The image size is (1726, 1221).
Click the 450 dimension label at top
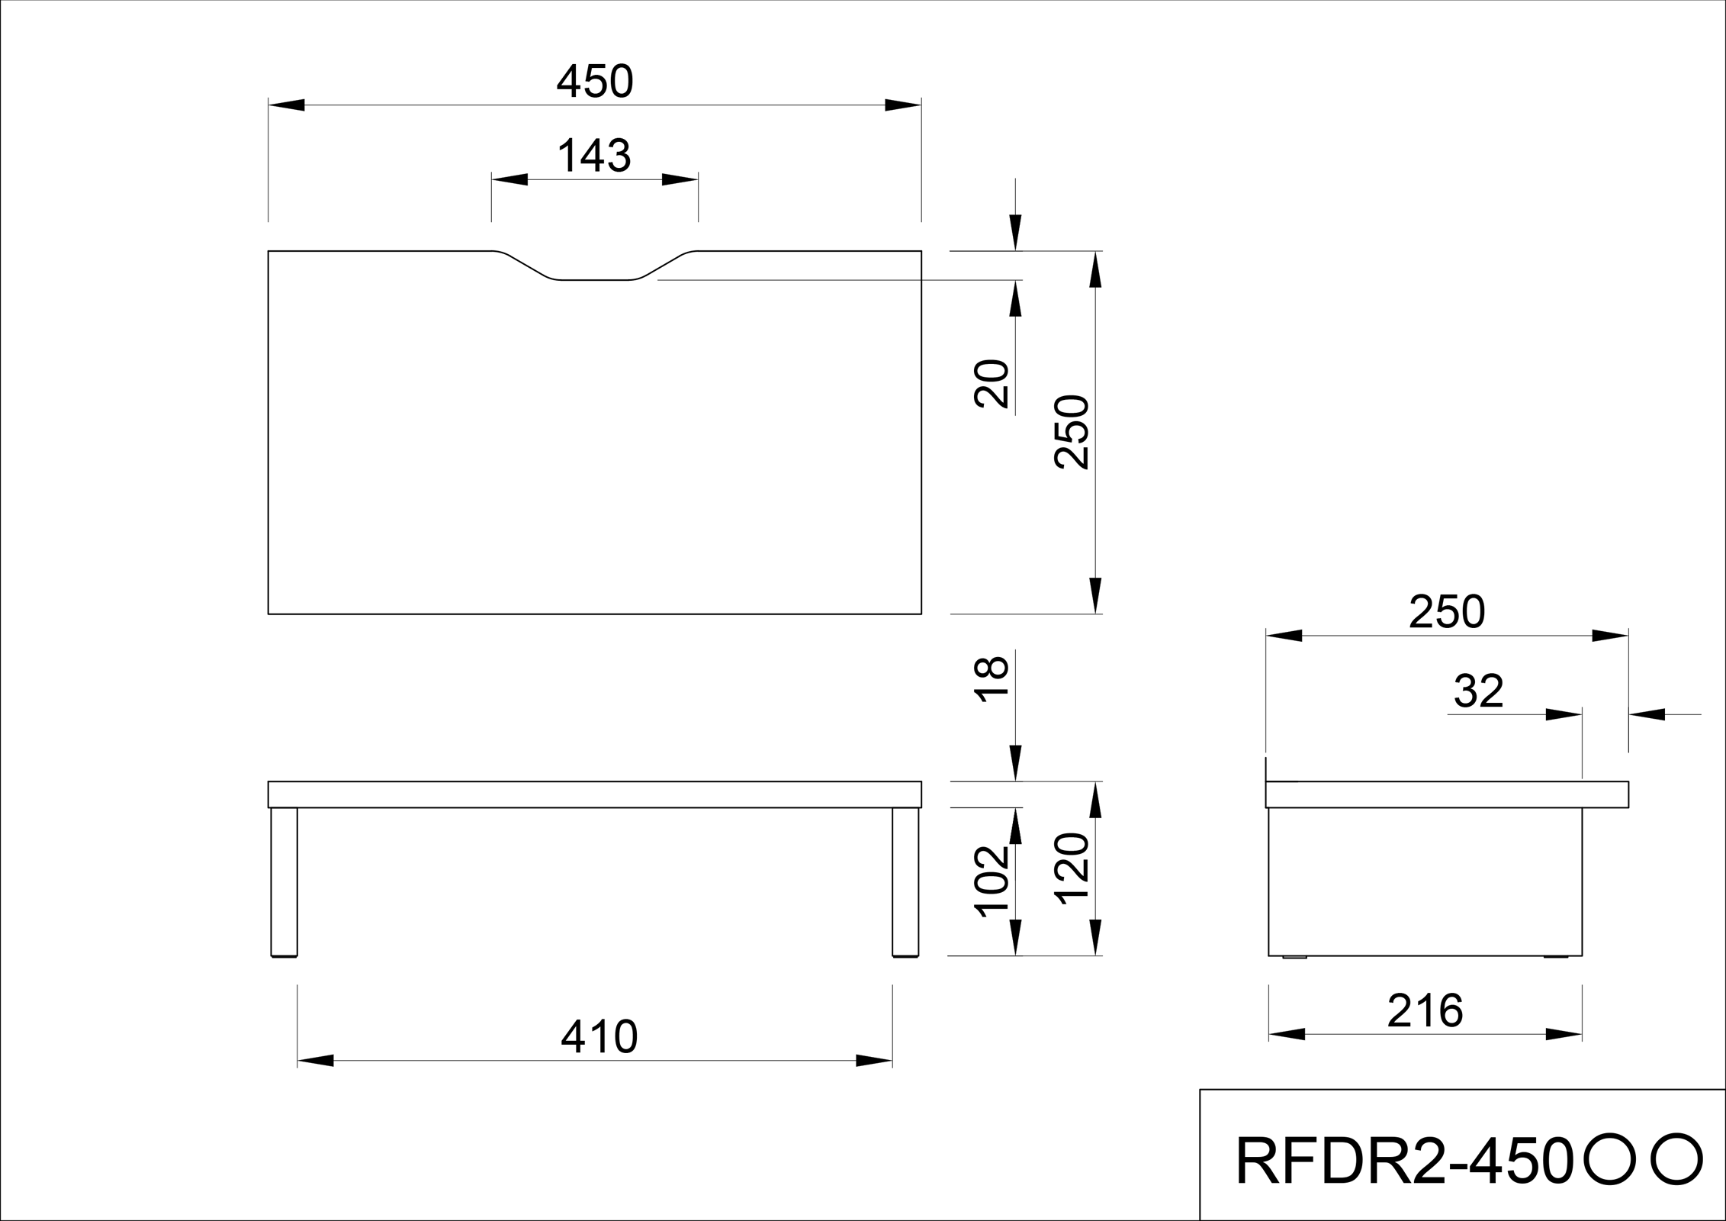(x=595, y=82)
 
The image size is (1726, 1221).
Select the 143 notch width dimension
(x=594, y=156)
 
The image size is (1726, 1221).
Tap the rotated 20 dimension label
(x=992, y=383)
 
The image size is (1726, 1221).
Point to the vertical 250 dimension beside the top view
(x=1072, y=432)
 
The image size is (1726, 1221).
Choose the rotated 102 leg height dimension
(x=992, y=881)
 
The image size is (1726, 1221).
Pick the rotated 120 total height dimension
(x=1072, y=869)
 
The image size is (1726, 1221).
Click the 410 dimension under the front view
(x=599, y=1037)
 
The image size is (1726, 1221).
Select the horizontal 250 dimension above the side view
(x=1446, y=612)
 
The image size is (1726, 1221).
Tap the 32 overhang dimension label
(x=1478, y=691)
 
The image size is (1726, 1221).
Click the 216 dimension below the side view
(x=1425, y=1012)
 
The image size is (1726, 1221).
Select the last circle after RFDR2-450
(x=1676, y=1159)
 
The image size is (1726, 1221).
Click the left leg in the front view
(x=284, y=881)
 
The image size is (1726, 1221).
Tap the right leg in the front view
(x=905, y=881)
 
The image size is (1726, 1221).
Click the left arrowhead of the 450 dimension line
(x=287, y=105)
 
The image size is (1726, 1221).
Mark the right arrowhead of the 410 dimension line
(x=874, y=1061)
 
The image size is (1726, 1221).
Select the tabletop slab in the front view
(x=595, y=794)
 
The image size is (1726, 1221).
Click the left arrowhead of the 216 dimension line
(x=1287, y=1035)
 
